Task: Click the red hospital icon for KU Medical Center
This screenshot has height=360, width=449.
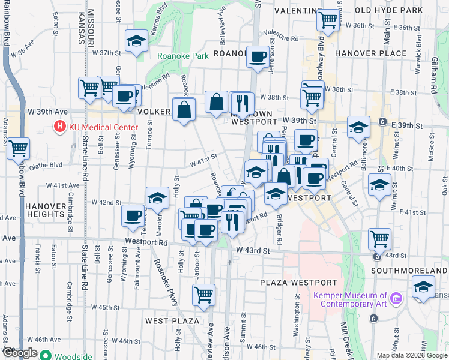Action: (60, 127)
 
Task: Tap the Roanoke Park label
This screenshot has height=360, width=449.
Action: (183, 56)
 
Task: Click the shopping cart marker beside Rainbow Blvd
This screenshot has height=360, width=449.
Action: (19, 148)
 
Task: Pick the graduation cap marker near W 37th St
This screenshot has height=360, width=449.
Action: (136, 41)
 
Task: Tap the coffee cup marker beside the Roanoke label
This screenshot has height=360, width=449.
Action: (258, 58)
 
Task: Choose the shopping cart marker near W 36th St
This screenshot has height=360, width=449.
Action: (328, 19)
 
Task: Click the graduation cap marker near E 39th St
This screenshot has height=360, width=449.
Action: (358, 127)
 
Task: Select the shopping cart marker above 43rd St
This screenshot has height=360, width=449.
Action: (379, 239)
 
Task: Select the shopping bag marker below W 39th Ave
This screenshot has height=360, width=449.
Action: (184, 110)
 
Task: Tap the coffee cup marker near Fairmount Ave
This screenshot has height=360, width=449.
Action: (133, 216)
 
